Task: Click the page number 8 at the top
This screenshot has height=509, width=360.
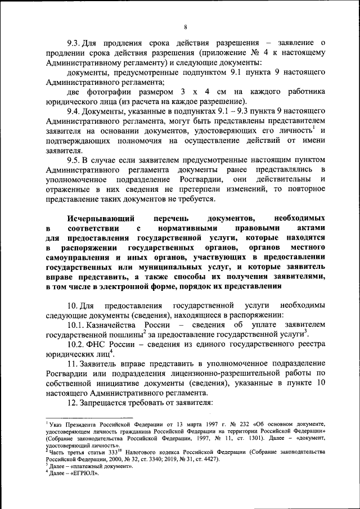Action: (184, 25)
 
